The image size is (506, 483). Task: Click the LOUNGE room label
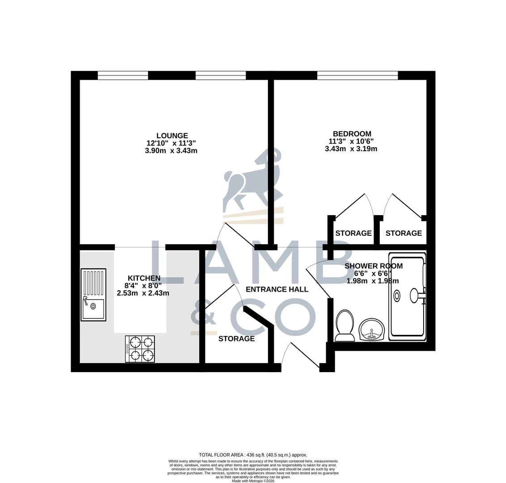coord(172,136)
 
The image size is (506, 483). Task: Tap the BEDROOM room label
coord(352,134)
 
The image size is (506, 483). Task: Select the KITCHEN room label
coord(144,278)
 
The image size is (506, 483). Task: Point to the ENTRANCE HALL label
coord(277,289)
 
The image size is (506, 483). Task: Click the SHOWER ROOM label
coord(373,266)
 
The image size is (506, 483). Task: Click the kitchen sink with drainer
coord(94,295)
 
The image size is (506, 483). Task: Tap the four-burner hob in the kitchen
coord(140,349)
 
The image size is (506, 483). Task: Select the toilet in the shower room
coord(344,325)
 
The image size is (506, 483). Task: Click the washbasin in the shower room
coord(371,330)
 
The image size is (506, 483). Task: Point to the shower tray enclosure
coord(407,297)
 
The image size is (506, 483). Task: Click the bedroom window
coord(357,76)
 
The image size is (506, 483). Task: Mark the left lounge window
coord(123,76)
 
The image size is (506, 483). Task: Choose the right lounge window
coord(221,76)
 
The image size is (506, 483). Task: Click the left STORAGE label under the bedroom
coord(353,233)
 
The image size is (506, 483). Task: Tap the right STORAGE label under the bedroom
coord(404,233)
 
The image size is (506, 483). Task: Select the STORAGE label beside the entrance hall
coord(236,339)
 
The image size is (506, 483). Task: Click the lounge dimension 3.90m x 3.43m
coord(171,151)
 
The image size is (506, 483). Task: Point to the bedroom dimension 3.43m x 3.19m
coord(351,148)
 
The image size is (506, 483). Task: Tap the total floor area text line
coord(253,455)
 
